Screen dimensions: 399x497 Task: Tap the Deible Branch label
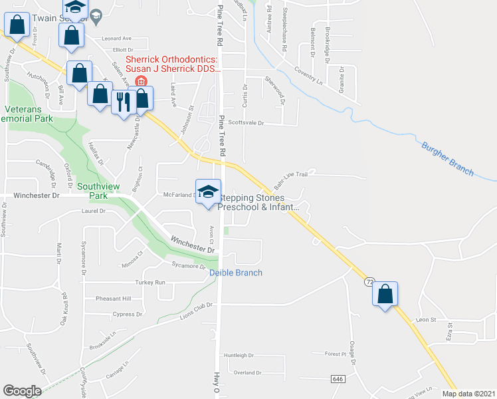point(236,273)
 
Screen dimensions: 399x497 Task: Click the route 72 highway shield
point(369,282)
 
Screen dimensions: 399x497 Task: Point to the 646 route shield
point(337,378)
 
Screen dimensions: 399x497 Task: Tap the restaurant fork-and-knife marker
point(122,100)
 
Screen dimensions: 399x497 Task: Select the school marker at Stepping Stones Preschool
point(208,192)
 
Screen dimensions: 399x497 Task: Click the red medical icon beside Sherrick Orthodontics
point(141,81)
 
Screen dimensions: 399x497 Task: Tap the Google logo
point(22,391)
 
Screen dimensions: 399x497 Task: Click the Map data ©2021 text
point(468,394)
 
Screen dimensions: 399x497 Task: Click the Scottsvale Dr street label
point(246,123)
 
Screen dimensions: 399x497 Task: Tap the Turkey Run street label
point(150,282)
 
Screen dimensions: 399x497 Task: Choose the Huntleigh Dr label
point(239,355)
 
